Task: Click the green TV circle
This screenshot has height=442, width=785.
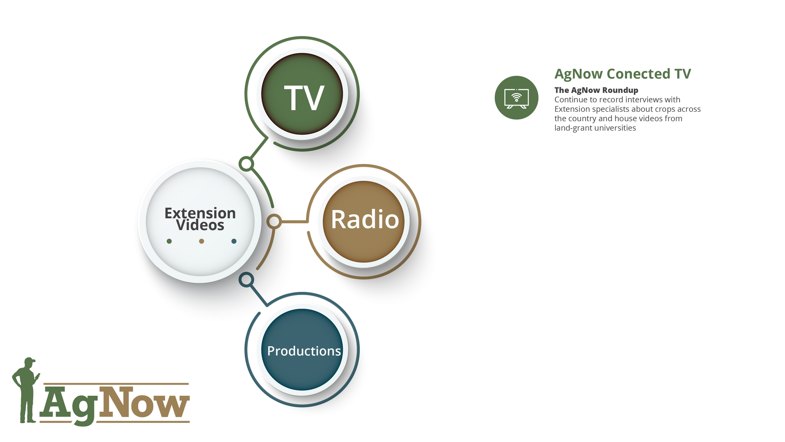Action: (302, 94)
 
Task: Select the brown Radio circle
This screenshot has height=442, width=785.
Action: (363, 221)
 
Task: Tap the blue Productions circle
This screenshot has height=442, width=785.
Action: (302, 350)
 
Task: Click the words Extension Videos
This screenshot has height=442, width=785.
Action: (200, 219)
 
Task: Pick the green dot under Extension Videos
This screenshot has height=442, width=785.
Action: (169, 241)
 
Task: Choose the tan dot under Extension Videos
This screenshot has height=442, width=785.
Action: (202, 241)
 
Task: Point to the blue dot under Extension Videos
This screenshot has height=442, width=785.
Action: (234, 241)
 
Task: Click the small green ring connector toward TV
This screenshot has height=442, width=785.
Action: (246, 164)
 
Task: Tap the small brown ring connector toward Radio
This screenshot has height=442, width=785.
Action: (274, 221)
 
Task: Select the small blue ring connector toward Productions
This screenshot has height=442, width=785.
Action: (246, 280)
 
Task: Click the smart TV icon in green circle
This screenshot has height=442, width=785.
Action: (516, 98)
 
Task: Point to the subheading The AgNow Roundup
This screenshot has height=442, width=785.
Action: (596, 90)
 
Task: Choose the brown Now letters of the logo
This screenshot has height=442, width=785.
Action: (144, 403)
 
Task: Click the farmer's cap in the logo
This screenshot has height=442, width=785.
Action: (29, 360)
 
